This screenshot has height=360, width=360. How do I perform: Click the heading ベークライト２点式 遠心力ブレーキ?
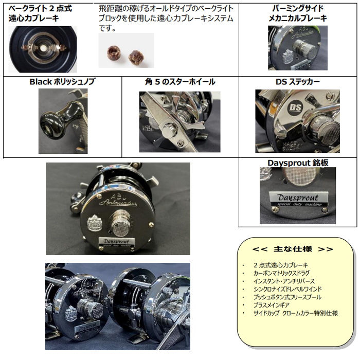point(40,13)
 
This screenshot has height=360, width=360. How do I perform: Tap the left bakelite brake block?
point(112,53)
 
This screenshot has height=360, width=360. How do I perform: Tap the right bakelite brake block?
point(134,56)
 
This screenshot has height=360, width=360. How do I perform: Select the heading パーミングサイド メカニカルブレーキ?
point(298,13)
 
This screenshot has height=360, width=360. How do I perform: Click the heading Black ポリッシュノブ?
point(62,82)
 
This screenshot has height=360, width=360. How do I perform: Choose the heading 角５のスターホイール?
point(180,82)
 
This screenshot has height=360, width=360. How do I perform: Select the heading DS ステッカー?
point(298,82)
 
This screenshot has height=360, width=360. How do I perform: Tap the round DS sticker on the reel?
point(296,107)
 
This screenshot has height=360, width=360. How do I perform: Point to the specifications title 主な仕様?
point(293,249)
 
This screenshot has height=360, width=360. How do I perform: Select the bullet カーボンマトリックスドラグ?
point(281,273)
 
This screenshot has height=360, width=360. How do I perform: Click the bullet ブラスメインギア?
point(271,305)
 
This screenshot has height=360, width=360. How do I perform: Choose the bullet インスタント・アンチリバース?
point(284,281)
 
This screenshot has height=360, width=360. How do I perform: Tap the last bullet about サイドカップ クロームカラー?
point(296,313)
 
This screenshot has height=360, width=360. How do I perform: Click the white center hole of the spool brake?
point(43,48)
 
